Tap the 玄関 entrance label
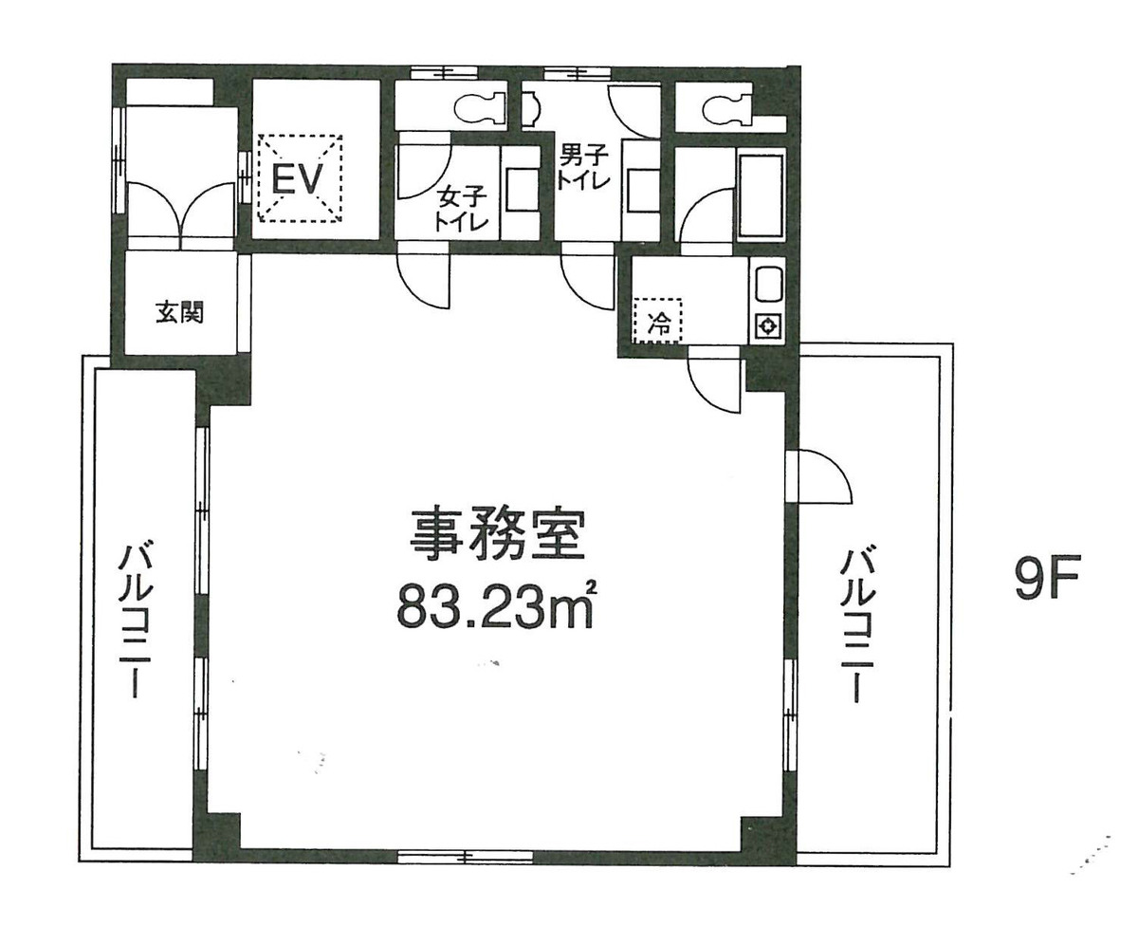pyautogui.click(x=180, y=313)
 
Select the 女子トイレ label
pyautogui.click(x=460, y=210)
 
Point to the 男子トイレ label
pyautogui.click(x=582, y=168)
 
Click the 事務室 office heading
pyautogui.click(x=497, y=535)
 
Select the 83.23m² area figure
pyautogui.click(x=495, y=606)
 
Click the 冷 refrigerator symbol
pyautogui.click(x=658, y=320)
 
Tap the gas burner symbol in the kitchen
pyautogui.click(x=768, y=327)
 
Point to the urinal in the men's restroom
pyautogui.click(x=531, y=110)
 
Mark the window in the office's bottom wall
pyautogui.click(x=465, y=856)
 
